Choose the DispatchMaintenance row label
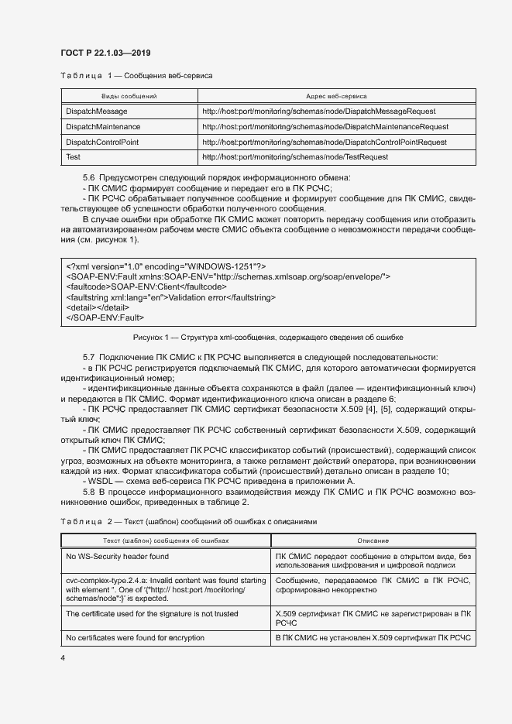[103, 126]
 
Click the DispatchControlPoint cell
[102, 142]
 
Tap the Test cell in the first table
[74, 156]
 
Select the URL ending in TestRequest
[294, 156]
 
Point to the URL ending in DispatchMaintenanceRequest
[325, 126]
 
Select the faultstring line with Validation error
[182, 297]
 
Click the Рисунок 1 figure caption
[268, 338]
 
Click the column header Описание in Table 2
[373, 540]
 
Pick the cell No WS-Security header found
[117, 556]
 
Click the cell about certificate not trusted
[152, 613]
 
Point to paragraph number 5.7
[89, 356]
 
